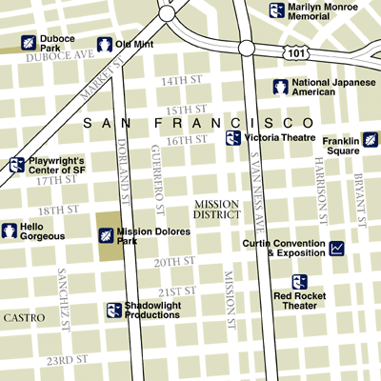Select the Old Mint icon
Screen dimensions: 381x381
click(x=104, y=45)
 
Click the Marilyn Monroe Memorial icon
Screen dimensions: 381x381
click(x=277, y=10)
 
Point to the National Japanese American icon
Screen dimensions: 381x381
click(x=281, y=88)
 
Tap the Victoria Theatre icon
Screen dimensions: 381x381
click(x=232, y=138)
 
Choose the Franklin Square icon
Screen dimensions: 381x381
click(x=370, y=140)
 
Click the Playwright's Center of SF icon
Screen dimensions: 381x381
click(x=16, y=165)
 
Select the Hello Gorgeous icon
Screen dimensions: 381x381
click(x=10, y=231)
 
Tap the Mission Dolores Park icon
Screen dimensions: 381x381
click(x=105, y=234)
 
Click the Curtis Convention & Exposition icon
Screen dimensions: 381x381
click(x=336, y=249)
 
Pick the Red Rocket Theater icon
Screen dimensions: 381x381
click(x=299, y=282)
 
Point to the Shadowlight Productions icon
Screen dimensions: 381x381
click(x=113, y=311)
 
